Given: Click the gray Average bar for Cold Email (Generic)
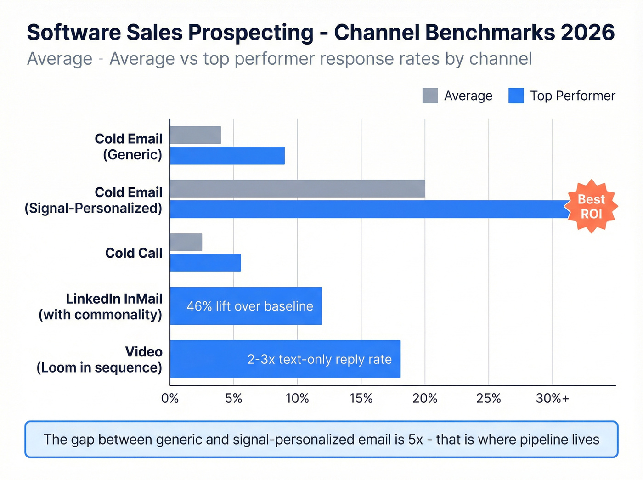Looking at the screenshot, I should tap(195, 135).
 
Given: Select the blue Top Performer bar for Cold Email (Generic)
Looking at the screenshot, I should tap(227, 156).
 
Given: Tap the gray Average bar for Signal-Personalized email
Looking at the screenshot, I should tap(297, 189).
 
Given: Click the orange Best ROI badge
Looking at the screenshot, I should tap(591, 207).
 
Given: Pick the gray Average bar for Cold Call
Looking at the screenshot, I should tap(186, 242).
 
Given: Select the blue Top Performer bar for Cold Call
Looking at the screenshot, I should tap(205, 263).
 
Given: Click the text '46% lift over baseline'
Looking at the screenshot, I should tap(249, 306).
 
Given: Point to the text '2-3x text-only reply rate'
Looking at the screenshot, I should tap(319, 359).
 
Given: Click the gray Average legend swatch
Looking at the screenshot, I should tap(430, 96).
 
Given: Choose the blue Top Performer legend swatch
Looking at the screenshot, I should tap(516, 96).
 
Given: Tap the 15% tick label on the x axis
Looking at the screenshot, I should tap(361, 398).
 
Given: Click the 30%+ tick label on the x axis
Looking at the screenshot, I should tap(552, 398).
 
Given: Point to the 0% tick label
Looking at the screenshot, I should tap(170, 398).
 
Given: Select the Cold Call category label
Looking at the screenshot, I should tap(134, 253).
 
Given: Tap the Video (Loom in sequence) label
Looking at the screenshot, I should tap(100, 360).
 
